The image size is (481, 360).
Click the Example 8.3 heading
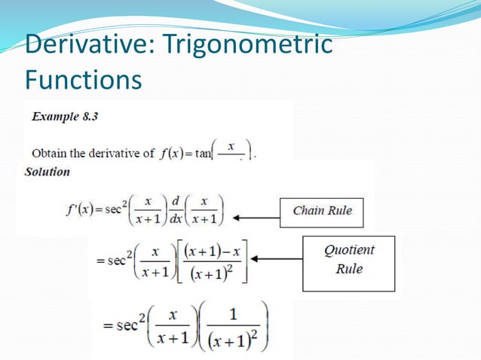64,117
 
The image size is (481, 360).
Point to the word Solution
47,172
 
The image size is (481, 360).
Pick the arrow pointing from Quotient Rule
276,258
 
